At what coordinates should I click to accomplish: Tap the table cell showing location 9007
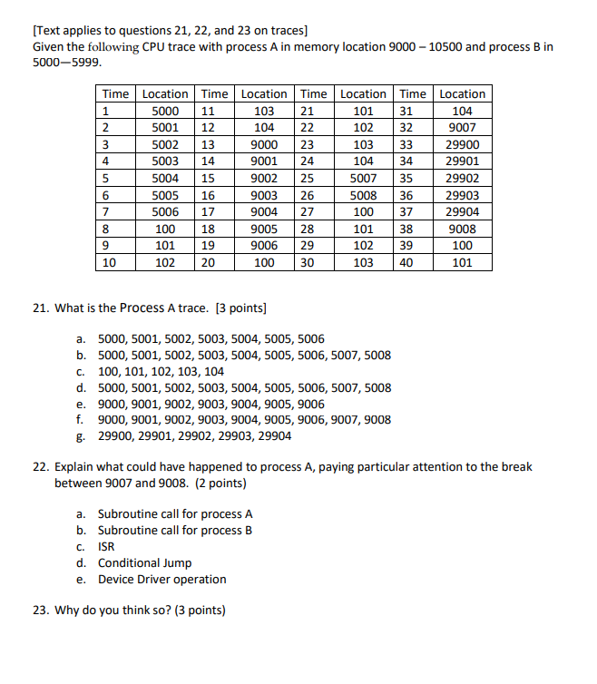coord(463,128)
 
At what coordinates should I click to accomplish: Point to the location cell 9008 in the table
coord(463,230)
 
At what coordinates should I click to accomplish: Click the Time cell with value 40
coord(412,263)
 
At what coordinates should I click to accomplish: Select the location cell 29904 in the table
coord(463,212)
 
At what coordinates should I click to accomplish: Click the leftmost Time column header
coord(115,94)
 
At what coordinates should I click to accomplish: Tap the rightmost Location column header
coord(463,94)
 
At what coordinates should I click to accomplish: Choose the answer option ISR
coord(106,546)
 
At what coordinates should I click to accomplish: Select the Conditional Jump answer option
coord(144,562)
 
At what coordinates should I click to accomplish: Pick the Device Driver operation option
coord(161,580)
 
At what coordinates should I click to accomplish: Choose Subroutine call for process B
coord(174,530)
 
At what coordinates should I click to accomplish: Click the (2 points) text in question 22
coord(218,483)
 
